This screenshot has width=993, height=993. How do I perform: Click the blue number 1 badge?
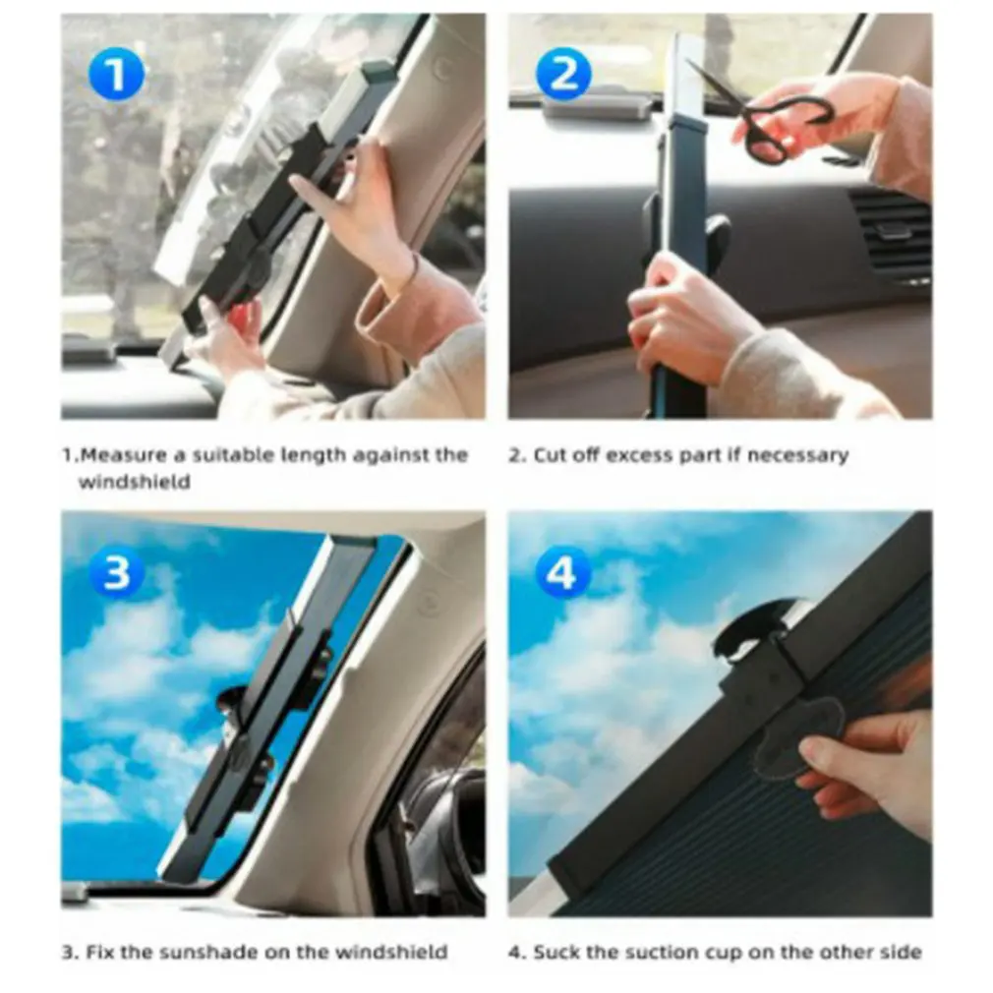click(116, 76)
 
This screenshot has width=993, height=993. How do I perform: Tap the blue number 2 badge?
click(563, 75)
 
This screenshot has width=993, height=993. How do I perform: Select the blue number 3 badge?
click(116, 574)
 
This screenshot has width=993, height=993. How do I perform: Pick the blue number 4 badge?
click(563, 574)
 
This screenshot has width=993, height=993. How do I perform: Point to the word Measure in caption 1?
click(124, 454)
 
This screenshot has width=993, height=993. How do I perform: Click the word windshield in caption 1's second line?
click(135, 482)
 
